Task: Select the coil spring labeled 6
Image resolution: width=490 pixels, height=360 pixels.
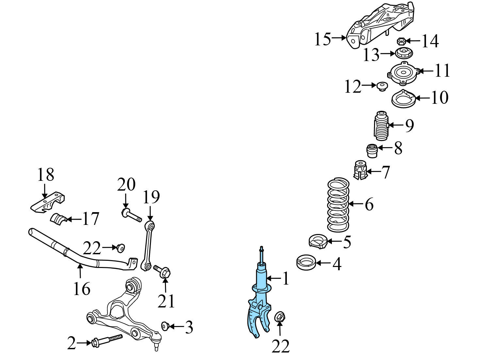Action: (338, 205)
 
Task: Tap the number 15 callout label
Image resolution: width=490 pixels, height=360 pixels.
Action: (322, 39)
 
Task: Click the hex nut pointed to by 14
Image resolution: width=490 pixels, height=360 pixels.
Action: (401, 41)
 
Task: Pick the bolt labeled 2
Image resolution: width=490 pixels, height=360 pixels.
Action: (106, 341)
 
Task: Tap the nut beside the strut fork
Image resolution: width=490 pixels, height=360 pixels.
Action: (280, 317)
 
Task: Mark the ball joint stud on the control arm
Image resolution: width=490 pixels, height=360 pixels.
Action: (156, 343)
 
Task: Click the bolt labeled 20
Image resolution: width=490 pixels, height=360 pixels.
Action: (132, 215)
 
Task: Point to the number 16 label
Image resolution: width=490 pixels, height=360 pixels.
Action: (81, 289)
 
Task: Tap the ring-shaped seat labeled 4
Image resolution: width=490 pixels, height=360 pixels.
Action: (306, 263)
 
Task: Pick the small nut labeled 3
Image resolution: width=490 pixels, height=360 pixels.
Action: (165, 326)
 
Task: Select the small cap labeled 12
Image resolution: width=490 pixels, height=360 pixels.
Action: (381, 86)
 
